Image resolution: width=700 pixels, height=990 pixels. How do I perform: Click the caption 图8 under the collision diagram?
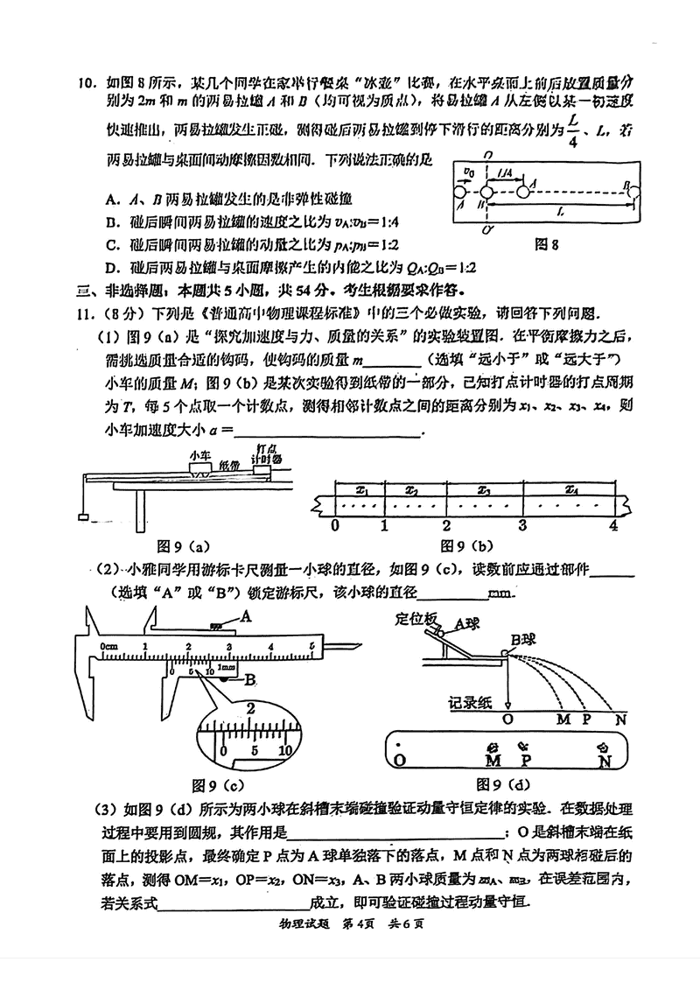tap(549, 245)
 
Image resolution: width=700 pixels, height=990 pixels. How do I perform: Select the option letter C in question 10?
tap(109, 244)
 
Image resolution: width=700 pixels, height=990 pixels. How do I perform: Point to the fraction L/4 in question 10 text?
tap(572, 130)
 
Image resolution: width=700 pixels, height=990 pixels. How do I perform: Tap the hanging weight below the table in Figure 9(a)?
tap(81, 518)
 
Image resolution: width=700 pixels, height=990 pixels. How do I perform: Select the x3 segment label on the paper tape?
tap(484, 490)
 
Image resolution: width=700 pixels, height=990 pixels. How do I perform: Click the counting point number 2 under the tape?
tap(446, 525)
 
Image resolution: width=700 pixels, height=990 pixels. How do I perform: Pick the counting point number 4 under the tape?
tap(613, 525)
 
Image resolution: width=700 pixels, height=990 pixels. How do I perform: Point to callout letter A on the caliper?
tap(246, 616)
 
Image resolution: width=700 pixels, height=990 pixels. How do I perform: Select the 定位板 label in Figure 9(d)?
tap(416, 618)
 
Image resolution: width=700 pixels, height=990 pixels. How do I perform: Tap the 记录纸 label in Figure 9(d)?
tap(471, 701)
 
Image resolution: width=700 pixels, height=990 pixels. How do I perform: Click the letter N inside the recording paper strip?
tap(604, 762)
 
